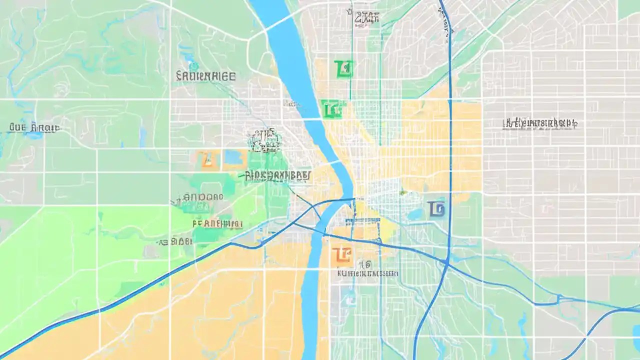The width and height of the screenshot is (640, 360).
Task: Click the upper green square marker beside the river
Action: click(x=343, y=69)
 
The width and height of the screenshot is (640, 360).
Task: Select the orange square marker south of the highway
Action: click(x=342, y=255)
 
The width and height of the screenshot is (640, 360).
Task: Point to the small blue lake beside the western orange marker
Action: click(x=233, y=157)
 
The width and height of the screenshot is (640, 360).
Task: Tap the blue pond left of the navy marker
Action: click(x=415, y=214)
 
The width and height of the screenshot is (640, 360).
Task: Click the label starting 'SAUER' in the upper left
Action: click(x=205, y=76)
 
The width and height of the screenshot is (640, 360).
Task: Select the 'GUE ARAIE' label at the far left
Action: click(x=34, y=128)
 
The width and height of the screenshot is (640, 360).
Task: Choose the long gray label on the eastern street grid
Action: click(x=540, y=123)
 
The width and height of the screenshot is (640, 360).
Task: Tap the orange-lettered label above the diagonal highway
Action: click(x=217, y=223)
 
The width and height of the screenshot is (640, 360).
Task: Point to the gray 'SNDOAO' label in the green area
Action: click(x=198, y=197)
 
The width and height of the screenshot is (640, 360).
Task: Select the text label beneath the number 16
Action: click(x=368, y=273)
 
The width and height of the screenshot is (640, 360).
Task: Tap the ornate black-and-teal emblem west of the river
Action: click(x=264, y=140)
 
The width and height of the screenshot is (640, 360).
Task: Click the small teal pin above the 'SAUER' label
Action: click(x=193, y=65)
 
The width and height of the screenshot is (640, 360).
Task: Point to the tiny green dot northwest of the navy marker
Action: click(x=401, y=192)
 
